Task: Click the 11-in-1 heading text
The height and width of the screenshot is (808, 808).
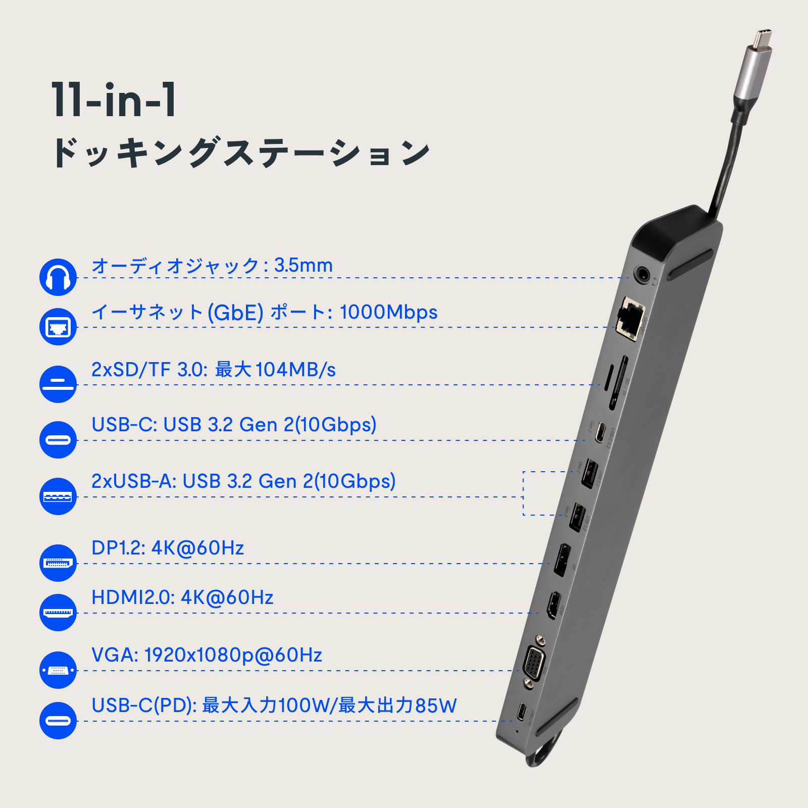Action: [114, 100]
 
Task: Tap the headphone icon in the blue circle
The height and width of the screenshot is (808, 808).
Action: [58, 277]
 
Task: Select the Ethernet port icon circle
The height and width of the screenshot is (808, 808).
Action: [58, 327]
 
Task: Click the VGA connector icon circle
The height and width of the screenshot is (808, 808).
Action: [58, 670]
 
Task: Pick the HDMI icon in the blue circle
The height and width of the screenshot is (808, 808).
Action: [58, 613]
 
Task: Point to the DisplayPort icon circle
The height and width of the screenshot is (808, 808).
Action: [58, 563]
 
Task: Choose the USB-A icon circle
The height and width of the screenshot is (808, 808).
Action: [58, 496]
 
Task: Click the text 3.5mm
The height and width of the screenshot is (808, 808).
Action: [304, 266]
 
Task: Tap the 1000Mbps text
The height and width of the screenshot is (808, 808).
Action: [388, 312]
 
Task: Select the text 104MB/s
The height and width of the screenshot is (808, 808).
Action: [295, 370]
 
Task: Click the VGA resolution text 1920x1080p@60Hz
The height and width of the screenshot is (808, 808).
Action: [233, 655]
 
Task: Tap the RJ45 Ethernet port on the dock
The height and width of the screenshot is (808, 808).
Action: [630, 317]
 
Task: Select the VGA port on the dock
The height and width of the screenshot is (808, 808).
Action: [533, 662]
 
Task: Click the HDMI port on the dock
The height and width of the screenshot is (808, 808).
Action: [554, 605]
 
